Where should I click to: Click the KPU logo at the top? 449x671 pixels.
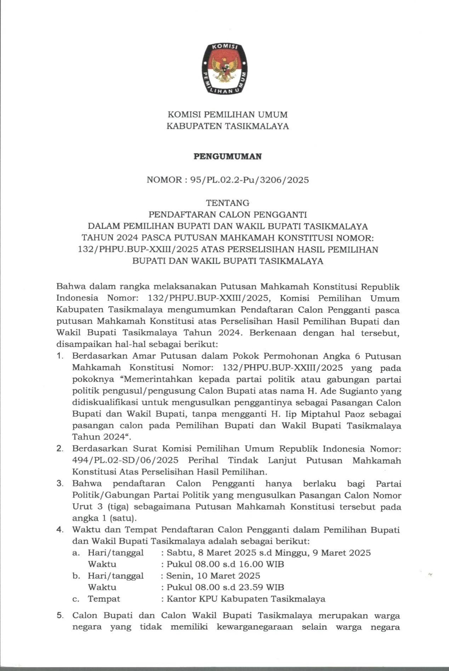tap(224, 69)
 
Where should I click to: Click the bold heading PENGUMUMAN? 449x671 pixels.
tap(228, 157)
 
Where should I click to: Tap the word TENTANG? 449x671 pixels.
tap(228, 203)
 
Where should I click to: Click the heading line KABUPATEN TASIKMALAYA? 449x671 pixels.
tap(228, 126)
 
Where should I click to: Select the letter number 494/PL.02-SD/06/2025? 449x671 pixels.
tap(125, 460)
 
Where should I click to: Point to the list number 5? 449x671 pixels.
tap(59, 616)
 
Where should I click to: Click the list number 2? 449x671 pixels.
tap(59, 449)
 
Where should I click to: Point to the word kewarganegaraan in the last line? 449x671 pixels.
tap(255, 627)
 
